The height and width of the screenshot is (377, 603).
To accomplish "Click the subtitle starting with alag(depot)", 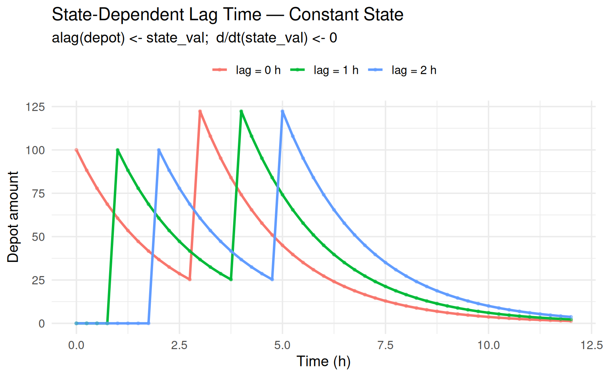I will click(x=194, y=38).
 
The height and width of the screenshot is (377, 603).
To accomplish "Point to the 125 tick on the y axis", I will click(x=35, y=107).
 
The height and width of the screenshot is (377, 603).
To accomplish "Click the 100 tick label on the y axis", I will click(x=35, y=150).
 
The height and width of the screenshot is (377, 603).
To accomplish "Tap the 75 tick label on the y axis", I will click(x=38, y=194).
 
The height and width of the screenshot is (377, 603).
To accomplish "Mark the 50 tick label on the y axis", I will click(x=38, y=237).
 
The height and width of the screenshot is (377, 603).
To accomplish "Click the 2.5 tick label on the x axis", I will click(x=179, y=345).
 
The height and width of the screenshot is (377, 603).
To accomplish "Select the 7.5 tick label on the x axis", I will click(x=385, y=345).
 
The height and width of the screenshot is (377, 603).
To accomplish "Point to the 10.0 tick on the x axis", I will click(x=488, y=345).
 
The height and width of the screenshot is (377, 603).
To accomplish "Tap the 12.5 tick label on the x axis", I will click(x=591, y=345).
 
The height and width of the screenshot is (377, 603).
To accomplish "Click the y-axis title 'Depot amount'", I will click(x=13, y=217).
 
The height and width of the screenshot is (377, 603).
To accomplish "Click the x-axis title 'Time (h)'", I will click(x=323, y=361).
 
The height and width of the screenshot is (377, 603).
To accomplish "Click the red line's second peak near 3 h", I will click(x=200, y=112).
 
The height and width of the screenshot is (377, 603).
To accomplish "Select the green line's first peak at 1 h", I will click(x=118, y=150).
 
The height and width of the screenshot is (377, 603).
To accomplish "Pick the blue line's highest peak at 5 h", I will click(x=283, y=112).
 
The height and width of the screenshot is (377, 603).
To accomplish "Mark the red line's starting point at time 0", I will click(x=77, y=150).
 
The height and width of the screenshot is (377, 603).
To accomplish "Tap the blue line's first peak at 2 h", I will click(x=159, y=150).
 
